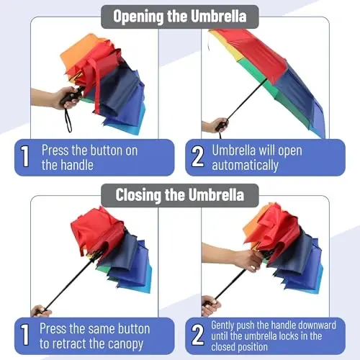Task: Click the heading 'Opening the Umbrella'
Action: click(179, 16)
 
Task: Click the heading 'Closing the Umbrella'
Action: click(179, 194)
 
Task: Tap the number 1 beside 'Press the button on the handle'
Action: click(25, 157)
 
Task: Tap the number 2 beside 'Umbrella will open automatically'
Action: click(197, 157)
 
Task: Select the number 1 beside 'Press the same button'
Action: click(25, 336)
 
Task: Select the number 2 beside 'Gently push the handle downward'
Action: click(197, 336)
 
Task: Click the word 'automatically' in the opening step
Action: click(245, 165)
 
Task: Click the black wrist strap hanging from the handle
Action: click(69, 118)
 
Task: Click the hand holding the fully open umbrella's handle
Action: click(210, 126)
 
